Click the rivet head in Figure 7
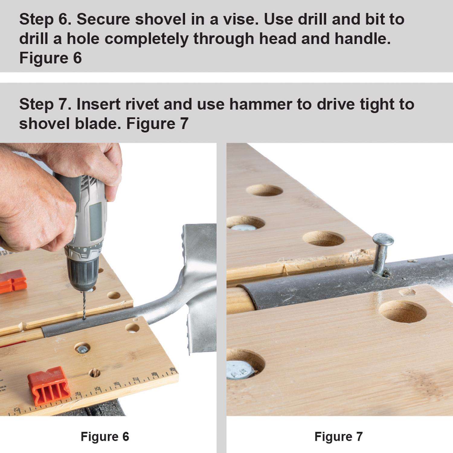[x=383, y=239]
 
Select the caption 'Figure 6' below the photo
[x=105, y=436]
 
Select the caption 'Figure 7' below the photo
[x=338, y=436]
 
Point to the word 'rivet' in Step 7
[x=142, y=104]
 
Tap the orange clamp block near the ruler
[x=49, y=386]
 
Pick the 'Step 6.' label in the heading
[x=45, y=19]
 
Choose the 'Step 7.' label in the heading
[x=45, y=104]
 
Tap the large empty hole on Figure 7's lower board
[x=403, y=312]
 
